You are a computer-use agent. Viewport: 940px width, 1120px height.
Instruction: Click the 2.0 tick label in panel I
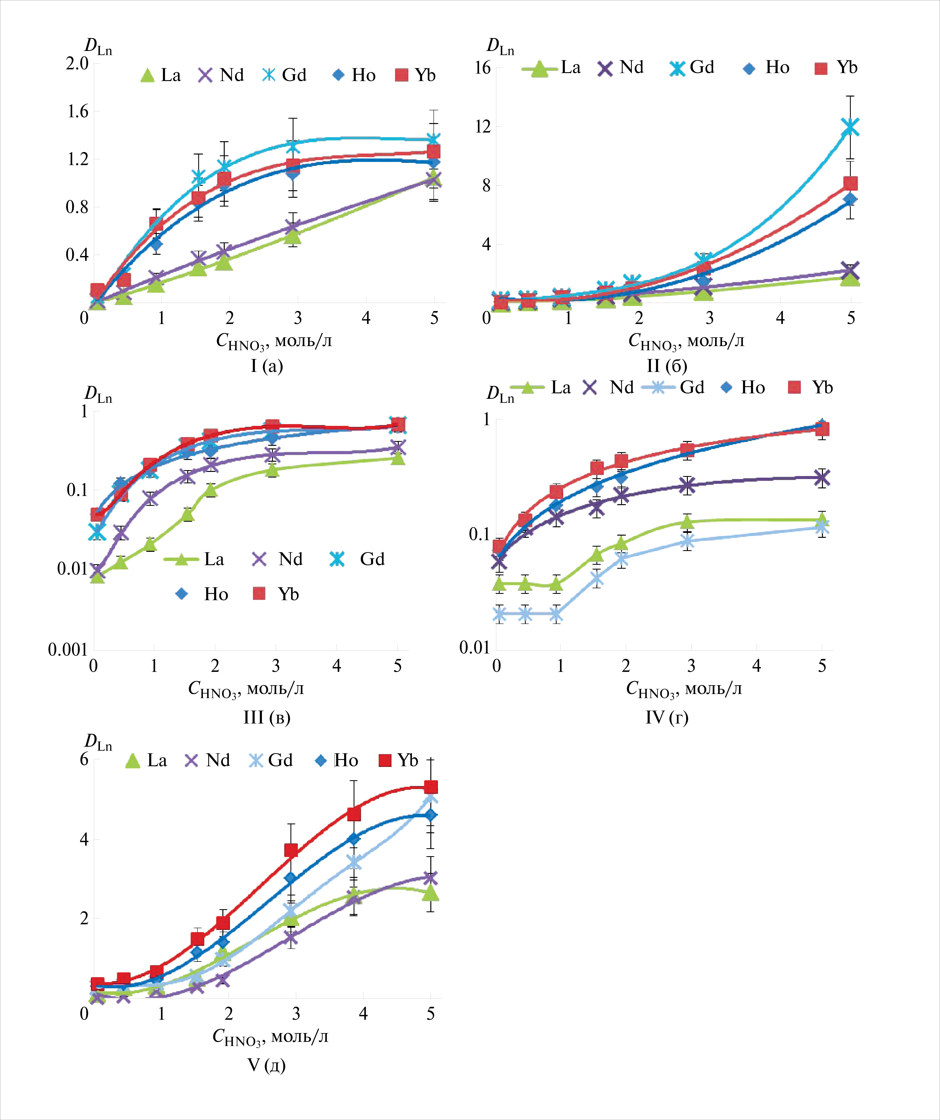[77, 63]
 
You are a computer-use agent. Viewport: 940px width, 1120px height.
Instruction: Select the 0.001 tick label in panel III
[68, 650]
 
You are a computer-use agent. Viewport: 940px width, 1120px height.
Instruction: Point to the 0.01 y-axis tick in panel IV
[474, 647]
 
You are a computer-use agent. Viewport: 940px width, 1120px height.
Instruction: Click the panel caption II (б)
[667, 366]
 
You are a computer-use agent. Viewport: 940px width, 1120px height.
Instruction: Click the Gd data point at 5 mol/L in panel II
[850, 127]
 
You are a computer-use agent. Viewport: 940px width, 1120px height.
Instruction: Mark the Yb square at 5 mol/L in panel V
[430, 787]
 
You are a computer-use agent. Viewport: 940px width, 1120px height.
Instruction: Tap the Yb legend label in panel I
[425, 75]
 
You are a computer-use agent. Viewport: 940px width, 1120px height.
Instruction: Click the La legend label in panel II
[570, 68]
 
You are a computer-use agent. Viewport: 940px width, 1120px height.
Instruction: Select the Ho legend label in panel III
[216, 594]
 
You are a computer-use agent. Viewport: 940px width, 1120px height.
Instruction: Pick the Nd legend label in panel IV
[622, 388]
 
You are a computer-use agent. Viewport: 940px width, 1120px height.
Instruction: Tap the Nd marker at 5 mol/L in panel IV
[822, 478]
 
